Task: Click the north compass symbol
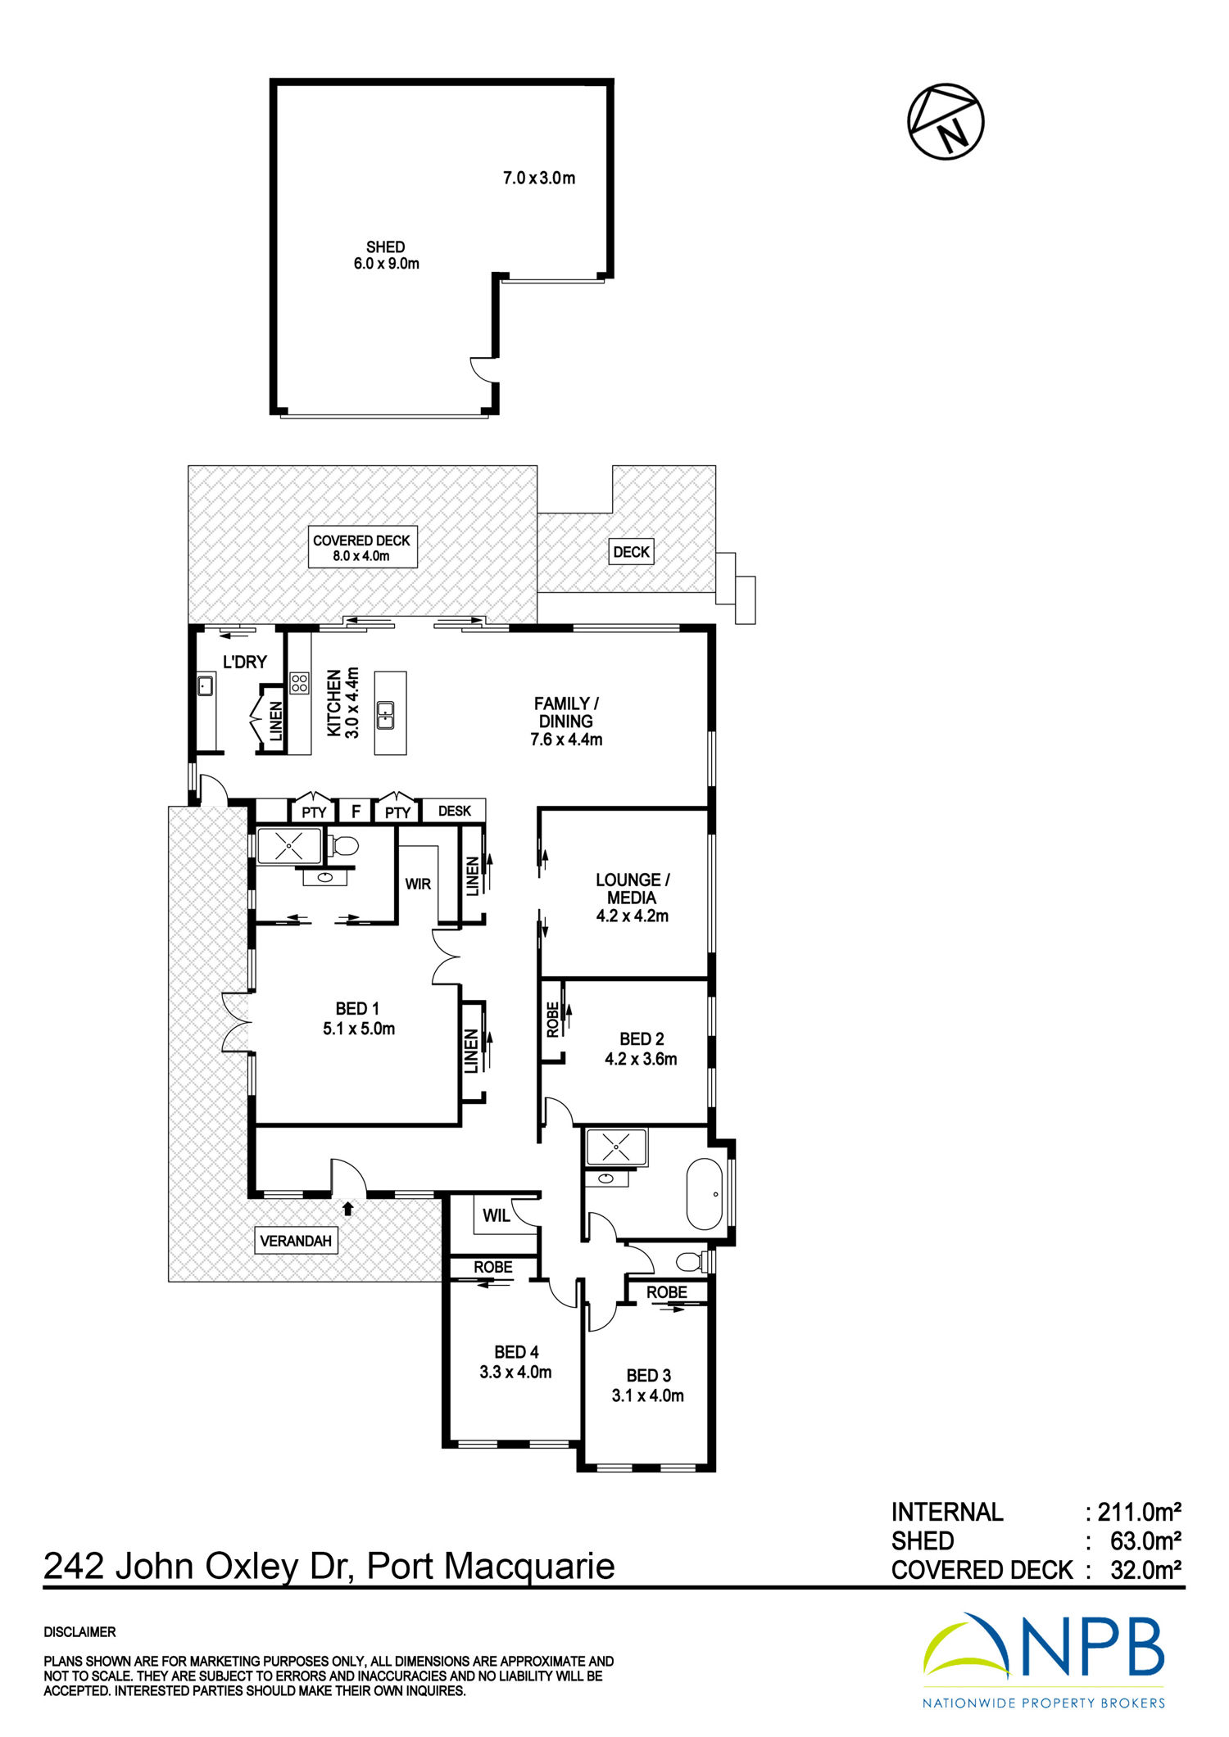click(946, 121)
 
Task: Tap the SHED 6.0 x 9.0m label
click(386, 256)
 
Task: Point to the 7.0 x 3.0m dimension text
click(539, 178)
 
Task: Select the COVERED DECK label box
click(363, 547)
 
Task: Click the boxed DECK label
click(632, 552)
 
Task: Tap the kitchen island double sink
click(385, 715)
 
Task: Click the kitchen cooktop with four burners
click(300, 683)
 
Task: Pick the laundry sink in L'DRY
click(205, 685)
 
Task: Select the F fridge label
click(356, 812)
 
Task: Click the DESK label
click(455, 811)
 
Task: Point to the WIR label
click(418, 884)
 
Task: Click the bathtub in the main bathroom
click(704, 1195)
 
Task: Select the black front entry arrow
click(347, 1207)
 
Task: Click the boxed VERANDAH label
click(296, 1241)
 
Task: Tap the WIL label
click(497, 1216)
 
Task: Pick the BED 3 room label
click(648, 1386)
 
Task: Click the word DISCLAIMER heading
click(80, 1632)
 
